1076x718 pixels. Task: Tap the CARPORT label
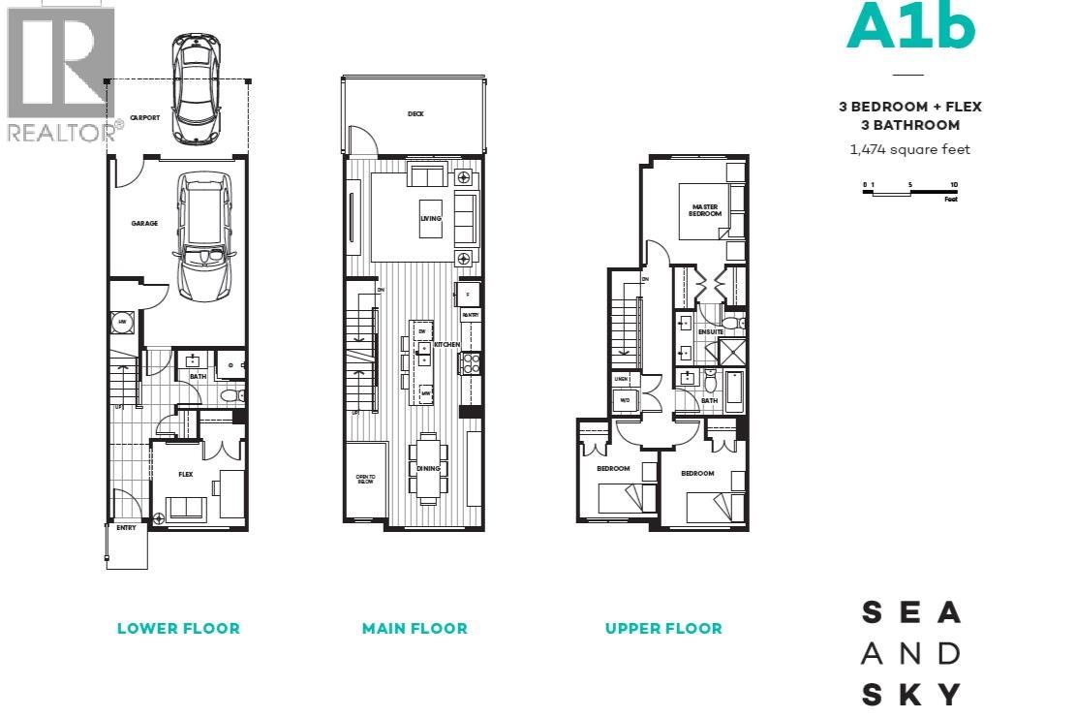pos(145,117)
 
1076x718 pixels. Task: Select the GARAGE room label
pos(144,223)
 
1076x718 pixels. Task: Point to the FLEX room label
pos(186,475)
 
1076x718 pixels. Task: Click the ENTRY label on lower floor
pos(126,528)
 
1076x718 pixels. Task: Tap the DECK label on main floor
pos(415,114)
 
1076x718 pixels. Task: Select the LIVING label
pos(430,218)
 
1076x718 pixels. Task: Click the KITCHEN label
pos(446,345)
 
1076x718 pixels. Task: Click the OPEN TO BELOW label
pos(364,479)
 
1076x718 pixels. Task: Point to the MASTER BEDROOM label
pos(705,209)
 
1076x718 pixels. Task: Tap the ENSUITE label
pos(711,332)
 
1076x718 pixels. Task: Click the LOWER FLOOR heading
pos(178,628)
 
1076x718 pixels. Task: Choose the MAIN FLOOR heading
pos(415,628)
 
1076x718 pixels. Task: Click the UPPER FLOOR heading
pos(663,628)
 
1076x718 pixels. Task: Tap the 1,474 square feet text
pos(909,149)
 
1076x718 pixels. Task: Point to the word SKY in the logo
pos(910,694)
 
